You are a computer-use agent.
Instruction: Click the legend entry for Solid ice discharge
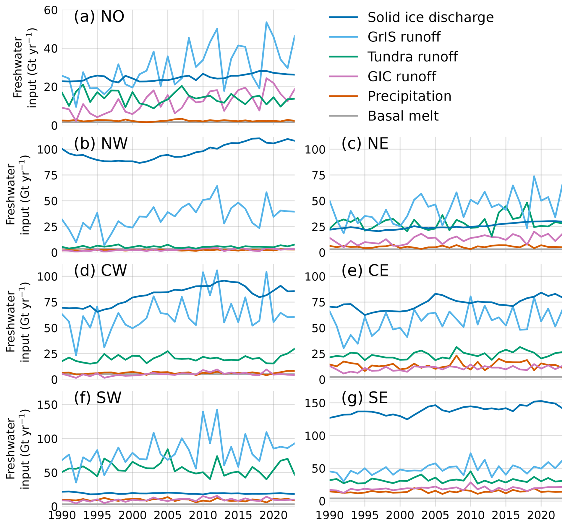click(x=430, y=17)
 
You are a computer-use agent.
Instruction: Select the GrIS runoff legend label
click(x=404, y=37)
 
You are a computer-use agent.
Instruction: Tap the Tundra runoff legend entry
click(x=412, y=57)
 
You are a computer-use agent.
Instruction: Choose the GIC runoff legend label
click(x=401, y=77)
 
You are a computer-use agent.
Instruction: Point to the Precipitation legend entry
click(x=409, y=96)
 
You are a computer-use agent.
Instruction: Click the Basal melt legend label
click(x=403, y=116)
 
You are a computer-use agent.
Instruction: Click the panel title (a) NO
click(x=99, y=17)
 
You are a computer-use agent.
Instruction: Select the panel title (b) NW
click(x=101, y=143)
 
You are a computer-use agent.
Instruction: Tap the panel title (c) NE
click(x=365, y=143)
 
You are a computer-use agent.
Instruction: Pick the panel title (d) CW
click(x=100, y=270)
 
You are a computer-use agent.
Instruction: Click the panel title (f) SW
click(x=98, y=398)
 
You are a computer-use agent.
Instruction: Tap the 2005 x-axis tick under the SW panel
click(x=168, y=516)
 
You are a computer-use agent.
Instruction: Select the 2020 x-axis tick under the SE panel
click(x=541, y=516)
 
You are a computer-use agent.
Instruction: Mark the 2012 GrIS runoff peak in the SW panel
click(x=217, y=410)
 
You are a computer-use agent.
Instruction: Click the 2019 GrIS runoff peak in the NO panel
click(x=266, y=22)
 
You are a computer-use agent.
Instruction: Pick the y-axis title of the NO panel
click(x=25, y=68)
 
